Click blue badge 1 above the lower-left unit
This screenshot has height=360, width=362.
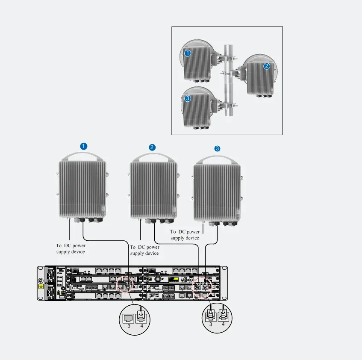pos(84,146)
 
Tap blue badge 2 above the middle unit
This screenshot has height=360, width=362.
pos(152,148)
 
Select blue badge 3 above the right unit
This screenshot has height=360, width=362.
pos(217,148)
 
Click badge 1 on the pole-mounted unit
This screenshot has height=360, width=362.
pos(188,53)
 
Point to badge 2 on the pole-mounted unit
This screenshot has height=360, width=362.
pos(267,66)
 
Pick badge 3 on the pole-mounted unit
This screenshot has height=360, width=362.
pos(188,99)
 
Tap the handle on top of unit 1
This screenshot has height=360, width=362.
pos(82,153)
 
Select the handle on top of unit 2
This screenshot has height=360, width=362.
pos(153,155)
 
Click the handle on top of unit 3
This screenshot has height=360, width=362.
pos(217,157)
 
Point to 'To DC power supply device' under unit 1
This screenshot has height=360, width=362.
pos(71,248)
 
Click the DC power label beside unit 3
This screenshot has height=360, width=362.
pos(185,235)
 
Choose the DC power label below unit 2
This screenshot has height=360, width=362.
pos(144,250)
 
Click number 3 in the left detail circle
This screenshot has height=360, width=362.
pos(129,326)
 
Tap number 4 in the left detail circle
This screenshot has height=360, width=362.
pos(142,326)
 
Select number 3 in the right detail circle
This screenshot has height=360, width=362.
pos(211,325)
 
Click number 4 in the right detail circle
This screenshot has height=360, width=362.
pos(223,324)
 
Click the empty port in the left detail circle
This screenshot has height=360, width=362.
pos(128,319)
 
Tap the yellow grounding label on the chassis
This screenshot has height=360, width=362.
pos(41,286)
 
